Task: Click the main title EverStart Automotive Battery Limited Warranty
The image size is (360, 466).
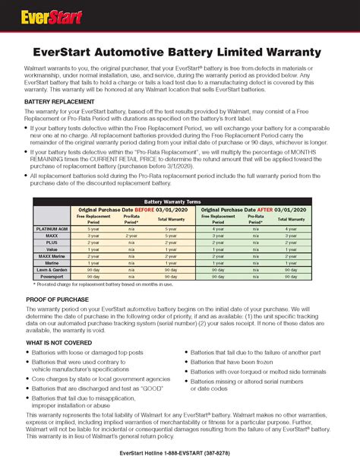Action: click(x=180, y=51)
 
